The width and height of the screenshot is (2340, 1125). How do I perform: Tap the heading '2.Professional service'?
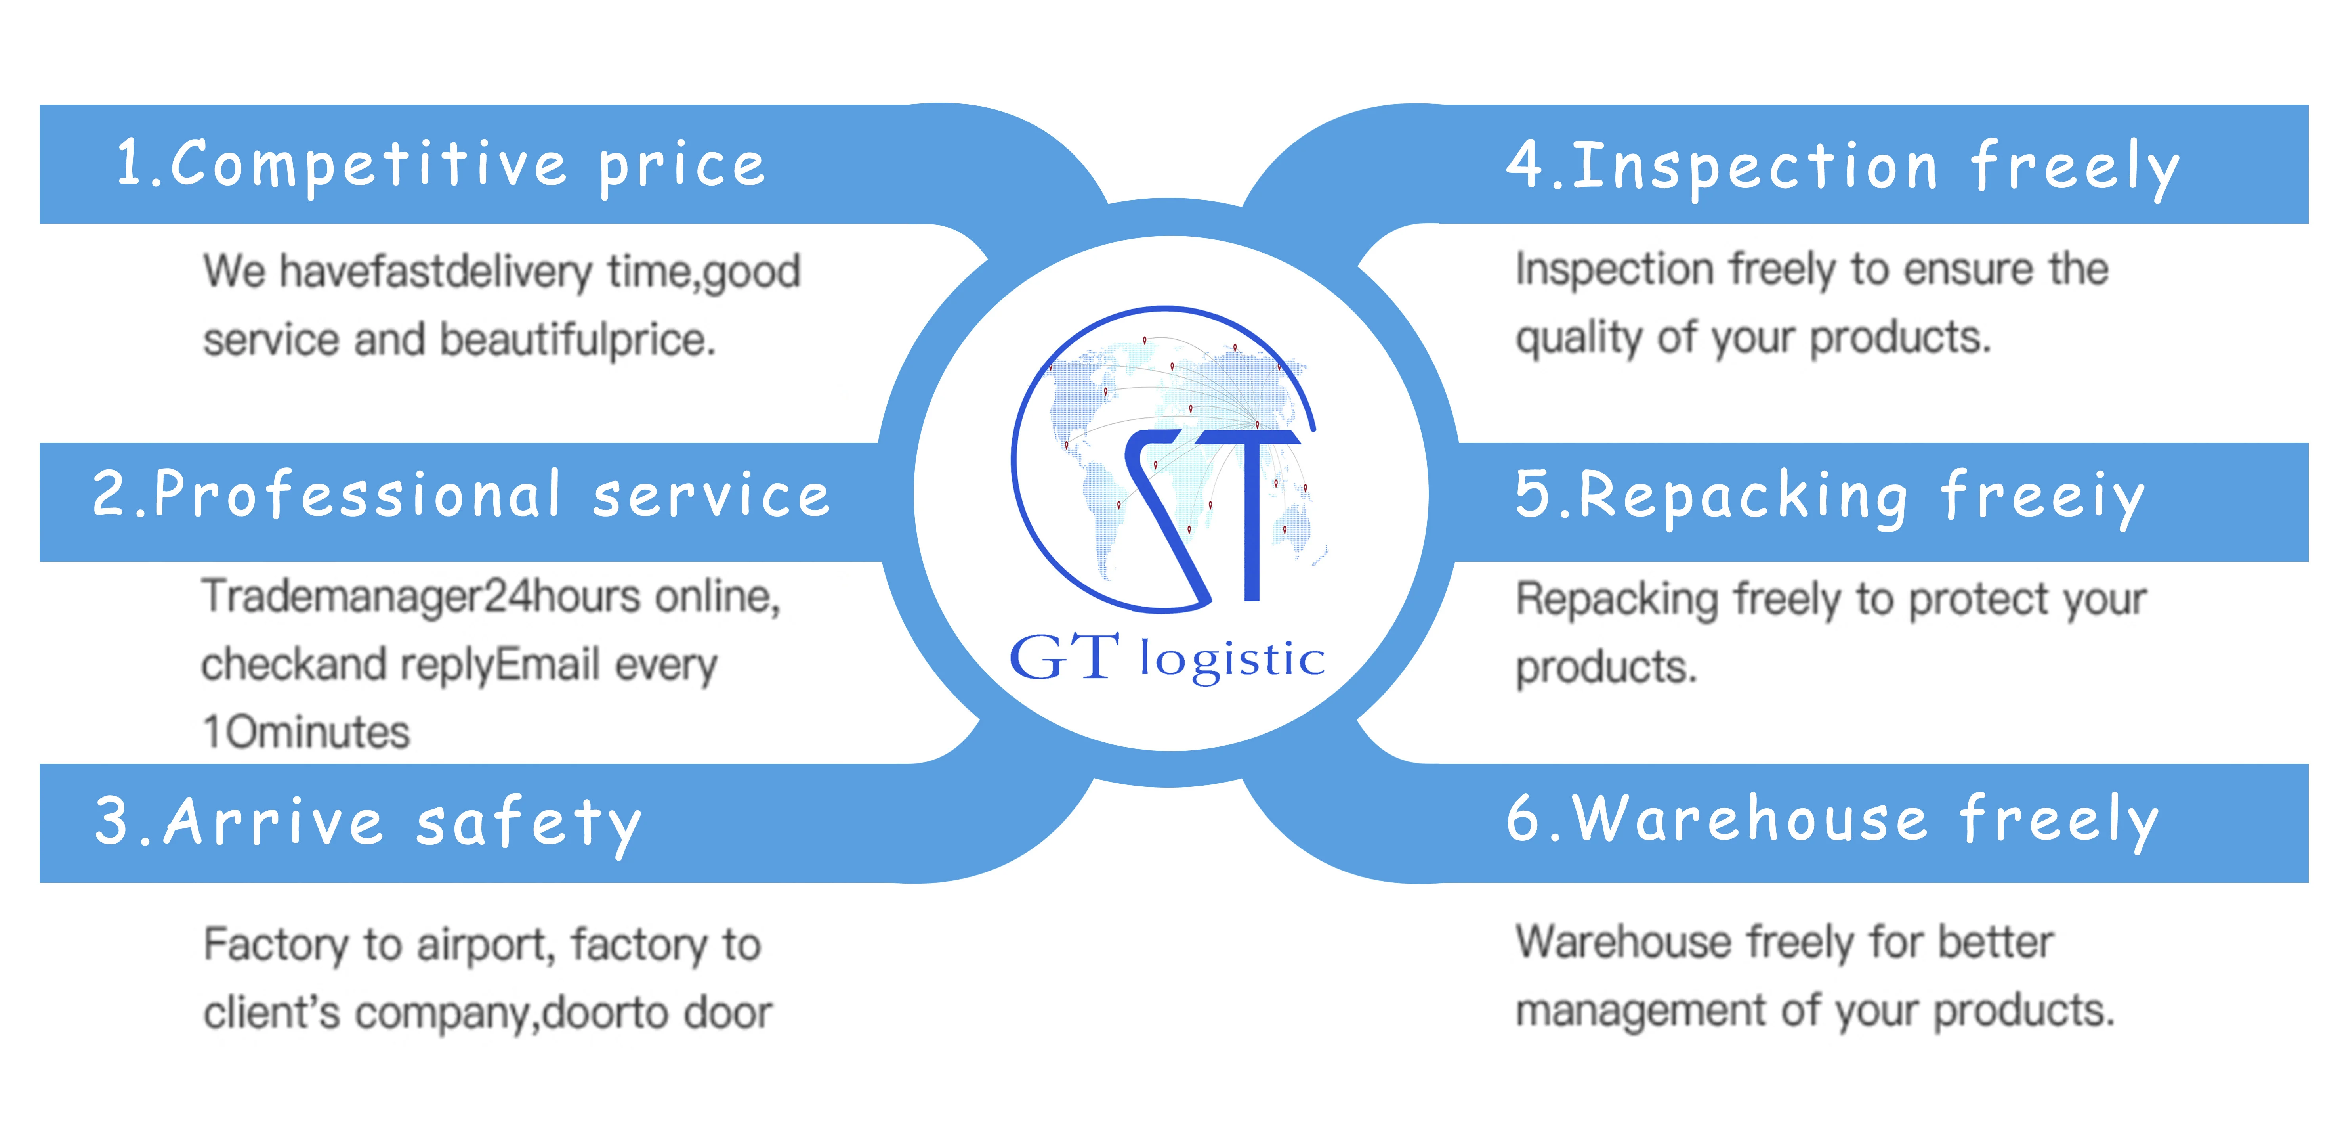point(462,495)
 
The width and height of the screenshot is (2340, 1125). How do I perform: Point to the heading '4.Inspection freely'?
point(1842,167)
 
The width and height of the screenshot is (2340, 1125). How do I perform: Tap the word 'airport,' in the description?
point(486,945)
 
